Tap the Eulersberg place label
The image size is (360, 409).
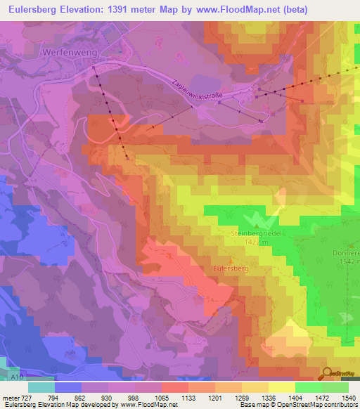coord(231,268)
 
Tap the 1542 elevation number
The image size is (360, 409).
coord(346,261)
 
